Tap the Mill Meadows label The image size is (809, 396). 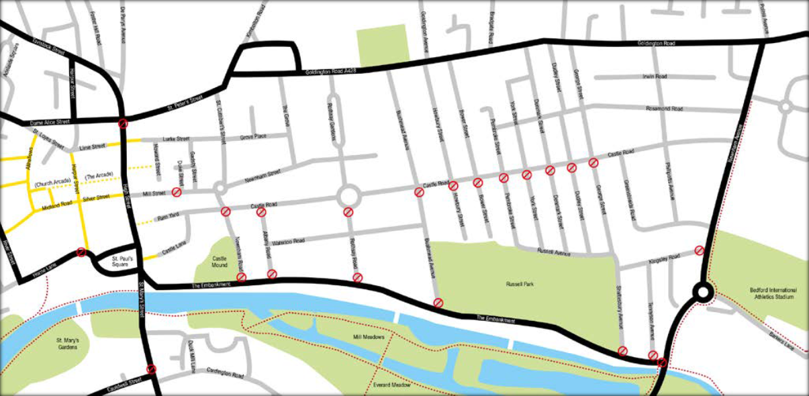pos(367,337)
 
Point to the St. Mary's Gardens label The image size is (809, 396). pos(68,344)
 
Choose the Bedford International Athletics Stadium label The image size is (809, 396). pos(772,293)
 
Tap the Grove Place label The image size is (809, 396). pos(254,137)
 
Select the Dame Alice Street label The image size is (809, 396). pos(50,123)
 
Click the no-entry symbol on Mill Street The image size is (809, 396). pos(177,193)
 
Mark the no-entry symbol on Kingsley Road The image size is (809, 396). pos(699,250)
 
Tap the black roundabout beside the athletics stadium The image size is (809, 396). pos(703,292)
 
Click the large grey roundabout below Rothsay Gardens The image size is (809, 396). pos(348,197)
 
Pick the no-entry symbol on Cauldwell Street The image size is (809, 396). pos(152,369)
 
